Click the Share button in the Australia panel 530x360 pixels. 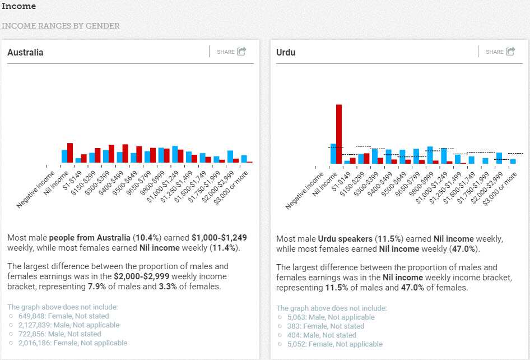[x=231, y=52]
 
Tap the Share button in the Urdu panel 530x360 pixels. [x=500, y=52]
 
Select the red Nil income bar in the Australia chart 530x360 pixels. [x=70, y=153]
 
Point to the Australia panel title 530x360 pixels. [x=25, y=52]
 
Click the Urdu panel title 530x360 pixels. [x=286, y=52]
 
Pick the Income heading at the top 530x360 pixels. [x=19, y=7]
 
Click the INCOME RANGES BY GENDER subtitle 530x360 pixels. [x=61, y=26]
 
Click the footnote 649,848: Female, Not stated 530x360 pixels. [x=63, y=316]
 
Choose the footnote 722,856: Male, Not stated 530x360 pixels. [x=59, y=334]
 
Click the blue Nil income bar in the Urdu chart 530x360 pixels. [x=333, y=154]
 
